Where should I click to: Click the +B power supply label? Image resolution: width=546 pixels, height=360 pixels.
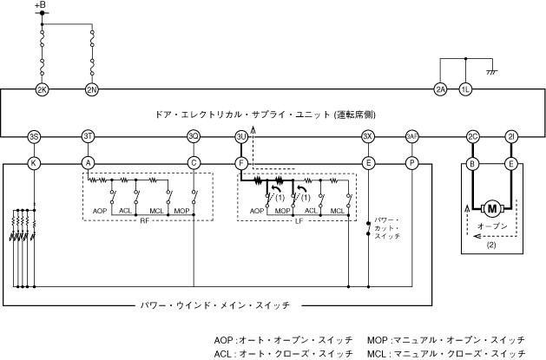pyautogui.click(x=41, y=7)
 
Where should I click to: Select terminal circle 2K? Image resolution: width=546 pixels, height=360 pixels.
pyautogui.click(x=41, y=89)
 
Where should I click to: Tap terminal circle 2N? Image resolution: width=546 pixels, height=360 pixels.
pyautogui.click(x=91, y=89)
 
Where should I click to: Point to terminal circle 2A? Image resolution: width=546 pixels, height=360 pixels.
pyautogui.click(x=441, y=89)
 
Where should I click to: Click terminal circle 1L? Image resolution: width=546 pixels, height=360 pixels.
pyautogui.click(x=466, y=89)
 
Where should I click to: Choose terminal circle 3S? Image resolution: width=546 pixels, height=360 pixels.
pyautogui.click(x=34, y=136)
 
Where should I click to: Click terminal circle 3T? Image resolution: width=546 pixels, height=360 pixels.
pyautogui.click(x=88, y=136)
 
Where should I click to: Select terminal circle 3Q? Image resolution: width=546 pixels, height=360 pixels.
pyautogui.click(x=194, y=136)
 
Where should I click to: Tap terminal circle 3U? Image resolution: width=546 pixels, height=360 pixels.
pyautogui.click(x=241, y=136)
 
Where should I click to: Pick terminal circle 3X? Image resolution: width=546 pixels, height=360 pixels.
pyautogui.click(x=368, y=136)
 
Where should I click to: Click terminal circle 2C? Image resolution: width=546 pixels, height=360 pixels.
pyautogui.click(x=473, y=136)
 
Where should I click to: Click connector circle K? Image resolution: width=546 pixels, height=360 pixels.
pyautogui.click(x=34, y=162)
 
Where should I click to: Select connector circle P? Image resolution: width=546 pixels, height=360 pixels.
pyautogui.click(x=411, y=162)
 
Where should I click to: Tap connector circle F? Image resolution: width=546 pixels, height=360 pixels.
pyautogui.click(x=241, y=162)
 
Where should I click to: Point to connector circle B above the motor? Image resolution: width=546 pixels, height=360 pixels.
pyautogui.click(x=473, y=162)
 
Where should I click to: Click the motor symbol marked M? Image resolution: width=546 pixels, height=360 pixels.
pyautogui.click(x=492, y=208)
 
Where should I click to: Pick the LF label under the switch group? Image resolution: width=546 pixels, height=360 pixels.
pyautogui.click(x=298, y=221)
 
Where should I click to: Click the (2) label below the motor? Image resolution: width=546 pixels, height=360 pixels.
pyautogui.click(x=490, y=245)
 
